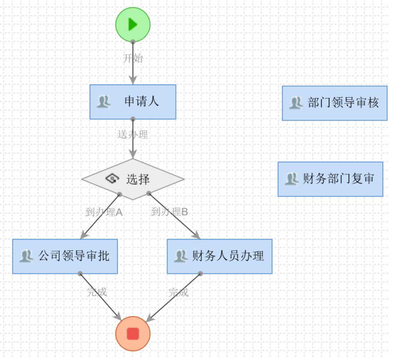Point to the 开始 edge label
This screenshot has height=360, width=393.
(133, 58)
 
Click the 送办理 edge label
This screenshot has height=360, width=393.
(133, 134)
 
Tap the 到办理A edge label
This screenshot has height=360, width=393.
(104, 212)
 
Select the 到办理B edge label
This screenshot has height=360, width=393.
(170, 212)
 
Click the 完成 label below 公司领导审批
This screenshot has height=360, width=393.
(97, 292)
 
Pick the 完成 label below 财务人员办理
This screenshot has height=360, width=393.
(178, 293)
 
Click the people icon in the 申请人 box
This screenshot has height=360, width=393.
(104, 101)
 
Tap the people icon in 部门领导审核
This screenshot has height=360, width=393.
(296, 102)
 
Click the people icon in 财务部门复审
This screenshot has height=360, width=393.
(292, 179)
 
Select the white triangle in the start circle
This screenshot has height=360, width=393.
(133, 25)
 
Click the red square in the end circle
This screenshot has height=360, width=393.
(133, 334)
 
